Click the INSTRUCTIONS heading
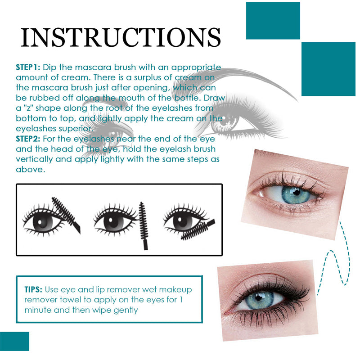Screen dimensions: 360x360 point(121,37)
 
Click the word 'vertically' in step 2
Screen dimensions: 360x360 point(35,159)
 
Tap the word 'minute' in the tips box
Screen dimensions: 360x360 point(37,310)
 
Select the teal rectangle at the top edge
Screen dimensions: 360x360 point(273,20)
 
